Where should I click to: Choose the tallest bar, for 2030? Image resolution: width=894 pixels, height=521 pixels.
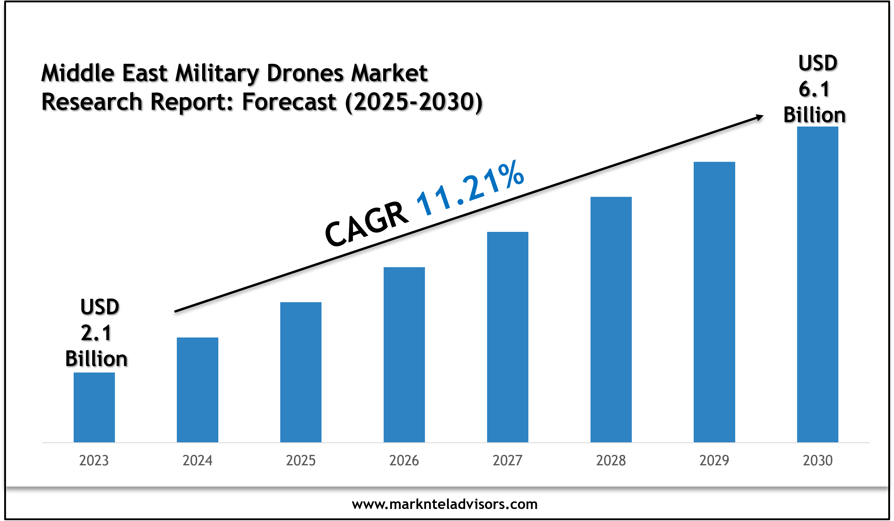[817, 284]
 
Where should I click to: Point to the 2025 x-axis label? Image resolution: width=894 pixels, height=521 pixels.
[301, 460]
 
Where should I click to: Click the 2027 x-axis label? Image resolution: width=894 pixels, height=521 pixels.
[507, 460]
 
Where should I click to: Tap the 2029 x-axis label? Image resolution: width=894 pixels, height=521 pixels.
[714, 460]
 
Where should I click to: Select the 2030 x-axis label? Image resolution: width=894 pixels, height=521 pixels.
[817, 460]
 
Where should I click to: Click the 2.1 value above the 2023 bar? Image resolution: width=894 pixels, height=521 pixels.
[96, 333]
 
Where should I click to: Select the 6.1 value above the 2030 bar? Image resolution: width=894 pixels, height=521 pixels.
[814, 89]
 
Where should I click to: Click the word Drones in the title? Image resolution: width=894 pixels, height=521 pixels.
[305, 73]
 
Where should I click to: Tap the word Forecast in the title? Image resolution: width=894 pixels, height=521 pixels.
[289, 102]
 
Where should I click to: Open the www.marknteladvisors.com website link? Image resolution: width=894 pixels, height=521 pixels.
[445, 504]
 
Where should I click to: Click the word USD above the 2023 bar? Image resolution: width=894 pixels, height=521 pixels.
[100, 307]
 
